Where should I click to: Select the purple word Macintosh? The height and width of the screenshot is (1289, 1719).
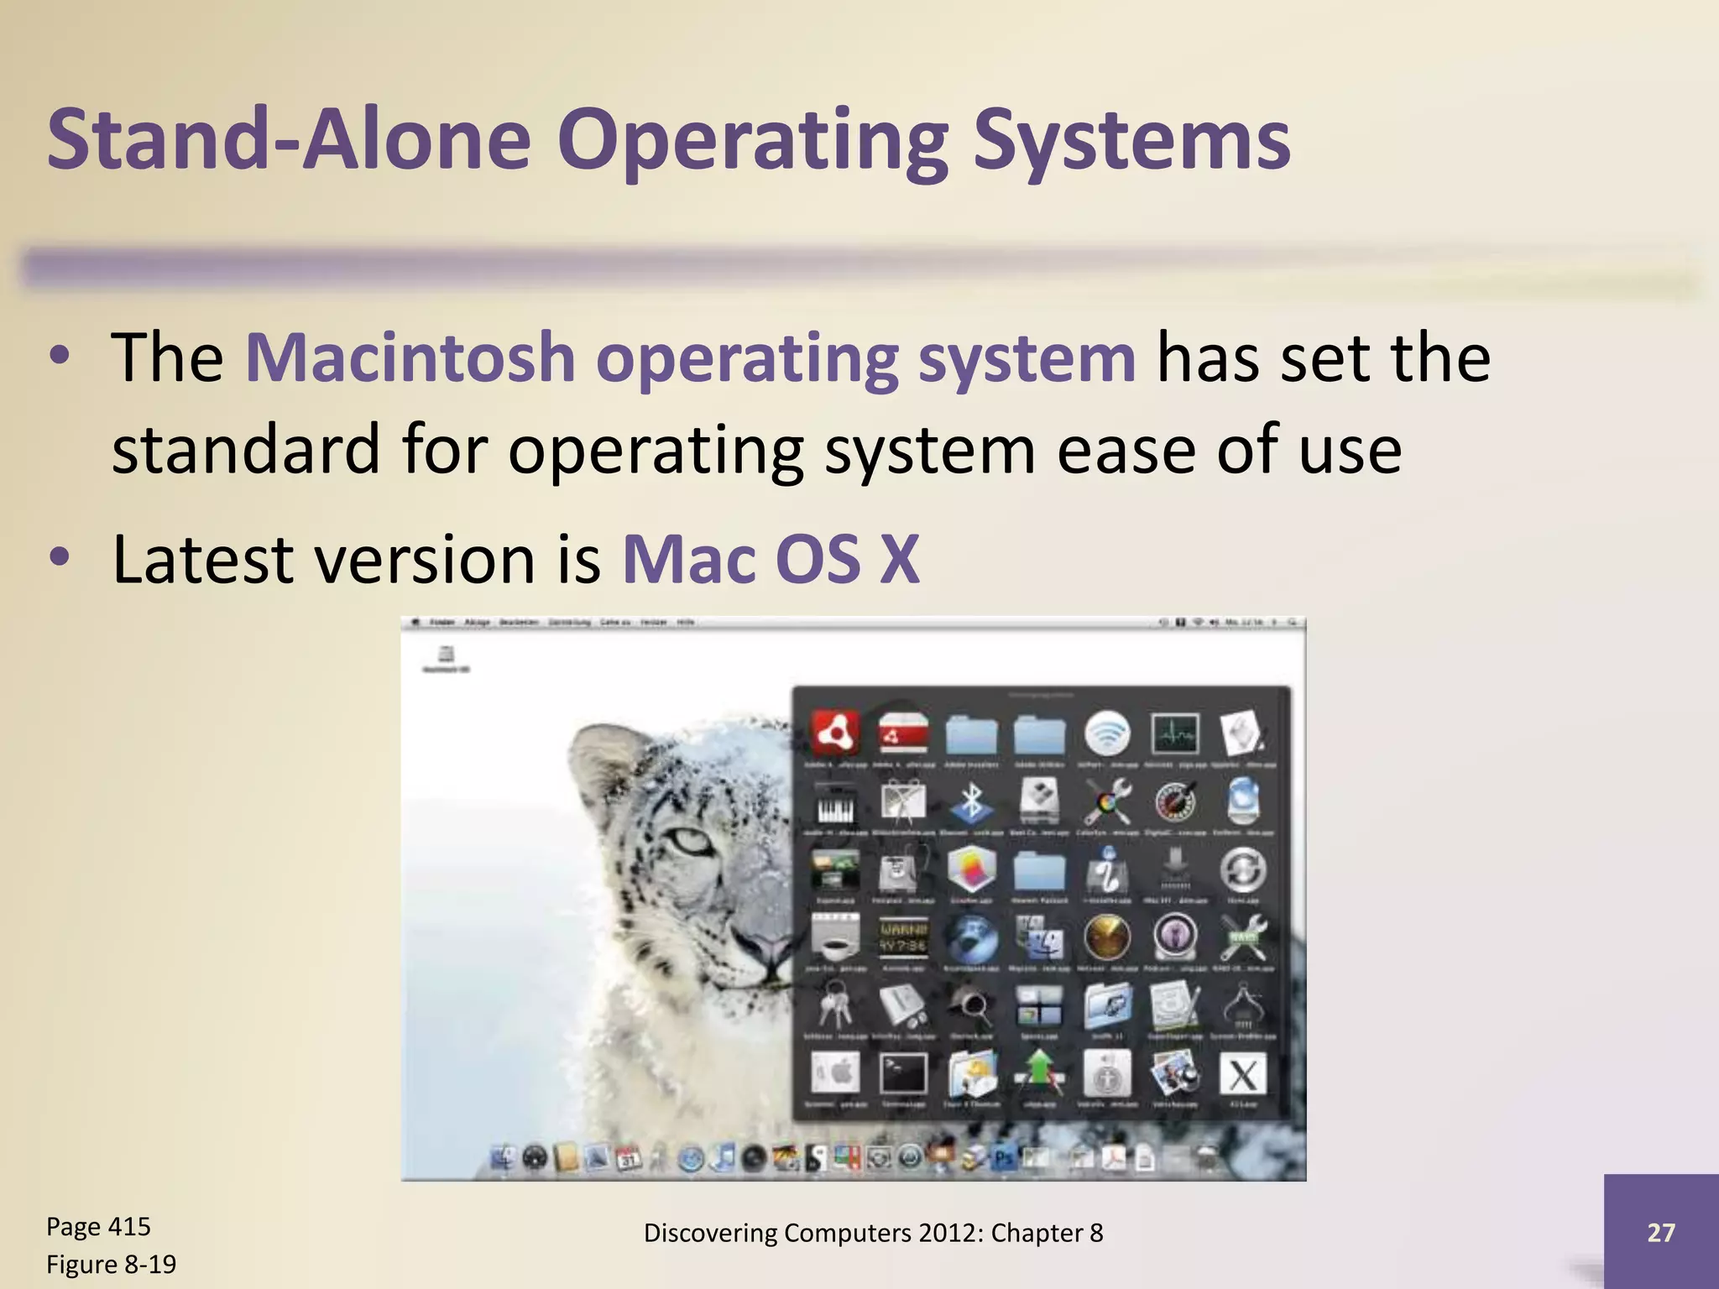(x=410, y=358)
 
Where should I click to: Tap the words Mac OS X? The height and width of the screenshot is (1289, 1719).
(x=771, y=560)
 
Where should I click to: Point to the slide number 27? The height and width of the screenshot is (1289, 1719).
(x=1660, y=1232)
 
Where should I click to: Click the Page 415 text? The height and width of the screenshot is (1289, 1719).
(x=98, y=1226)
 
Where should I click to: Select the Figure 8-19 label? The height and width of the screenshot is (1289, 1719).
(x=111, y=1264)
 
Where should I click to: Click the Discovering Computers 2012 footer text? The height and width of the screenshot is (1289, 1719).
(x=873, y=1233)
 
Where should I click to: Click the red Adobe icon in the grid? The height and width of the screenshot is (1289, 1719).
(x=834, y=733)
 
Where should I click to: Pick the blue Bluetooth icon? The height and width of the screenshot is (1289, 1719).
(x=971, y=801)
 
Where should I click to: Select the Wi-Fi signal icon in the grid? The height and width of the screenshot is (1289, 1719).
(x=1107, y=733)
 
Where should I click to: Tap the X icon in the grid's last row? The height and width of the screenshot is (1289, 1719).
(x=1243, y=1075)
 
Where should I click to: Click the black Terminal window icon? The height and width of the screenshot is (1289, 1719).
(x=903, y=1074)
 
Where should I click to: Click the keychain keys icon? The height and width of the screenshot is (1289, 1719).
(x=834, y=1005)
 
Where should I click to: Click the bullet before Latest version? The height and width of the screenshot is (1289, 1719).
(x=59, y=558)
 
